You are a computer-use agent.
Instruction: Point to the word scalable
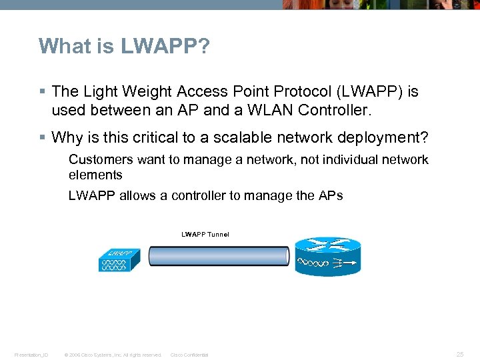click(x=226, y=137)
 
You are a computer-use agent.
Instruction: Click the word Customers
click(x=101, y=159)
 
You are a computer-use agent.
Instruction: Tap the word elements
click(x=95, y=175)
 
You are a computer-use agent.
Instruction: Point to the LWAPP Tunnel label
click(x=205, y=234)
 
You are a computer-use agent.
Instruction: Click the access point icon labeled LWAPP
click(x=120, y=260)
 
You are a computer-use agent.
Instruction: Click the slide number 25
click(x=460, y=355)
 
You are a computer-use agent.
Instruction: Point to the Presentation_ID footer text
click(x=31, y=355)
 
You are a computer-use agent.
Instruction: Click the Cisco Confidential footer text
click(x=189, y=355)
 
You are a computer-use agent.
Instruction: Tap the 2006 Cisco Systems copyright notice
click(x=112, y=355)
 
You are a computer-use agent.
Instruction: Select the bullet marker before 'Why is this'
click(x=42, y=138)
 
